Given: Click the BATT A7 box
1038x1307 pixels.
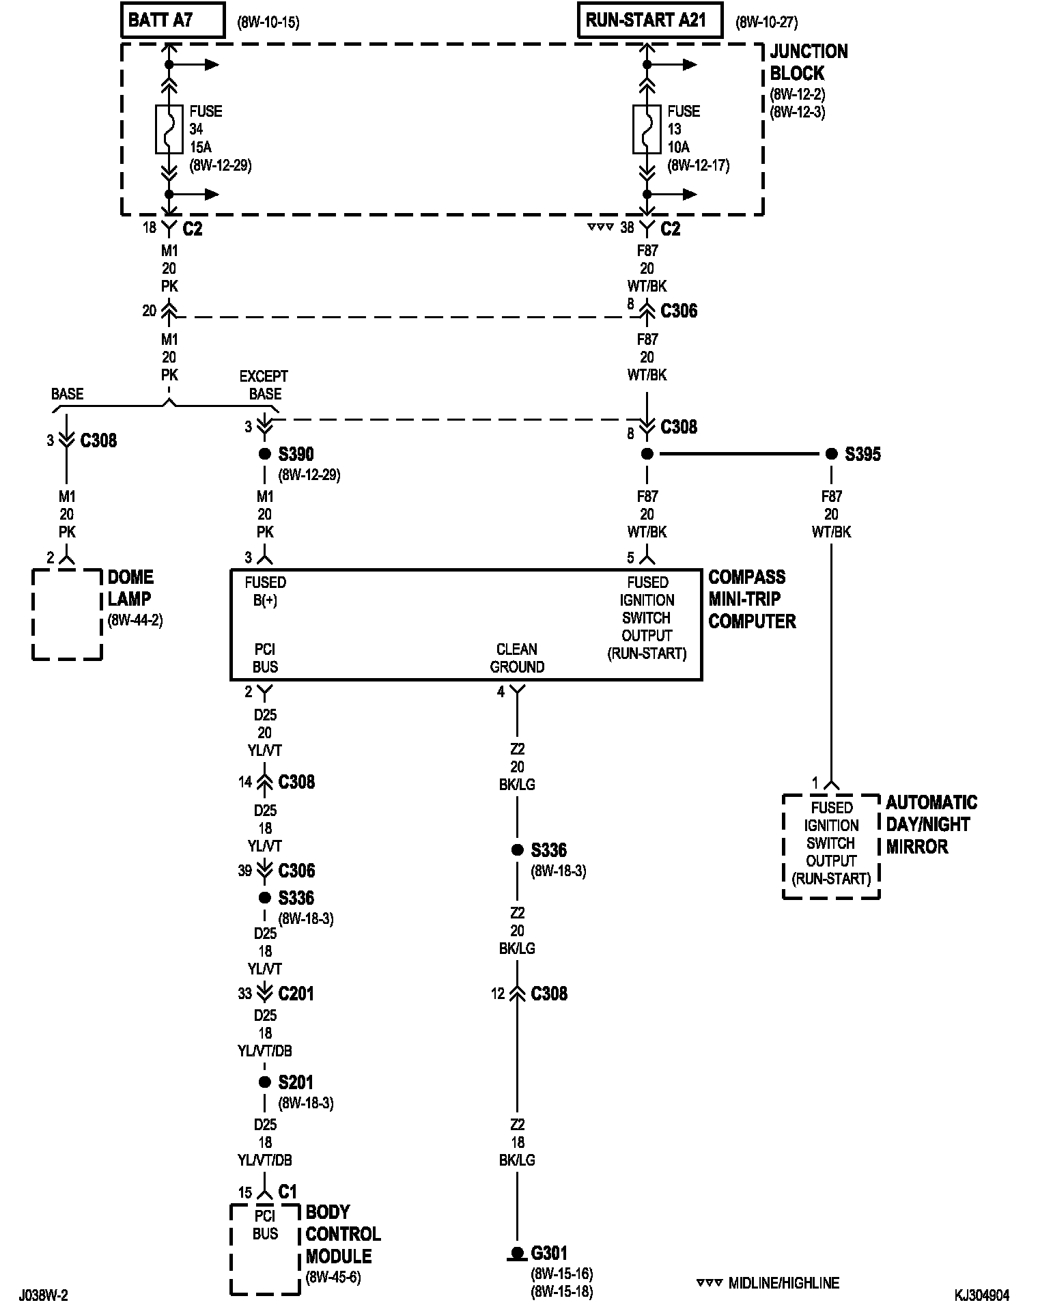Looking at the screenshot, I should click(173, 20).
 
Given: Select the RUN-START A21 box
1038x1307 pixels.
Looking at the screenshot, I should click(649, 20).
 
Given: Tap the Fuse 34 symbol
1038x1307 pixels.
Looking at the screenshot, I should click(169, 129).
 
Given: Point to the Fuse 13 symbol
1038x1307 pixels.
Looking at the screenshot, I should click(647, 129).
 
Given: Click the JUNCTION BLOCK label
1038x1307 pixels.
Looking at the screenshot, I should click(809, 62).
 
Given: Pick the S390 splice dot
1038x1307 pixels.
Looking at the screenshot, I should click(265, 454).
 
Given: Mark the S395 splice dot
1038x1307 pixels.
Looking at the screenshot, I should click(831, 454).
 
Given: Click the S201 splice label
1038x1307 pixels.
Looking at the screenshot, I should click(296, 1082).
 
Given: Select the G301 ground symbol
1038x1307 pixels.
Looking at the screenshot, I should click(518, 1254).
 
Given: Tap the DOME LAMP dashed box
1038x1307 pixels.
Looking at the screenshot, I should click(67, 615).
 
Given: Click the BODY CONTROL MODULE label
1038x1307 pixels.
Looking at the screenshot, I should click(343, 1234).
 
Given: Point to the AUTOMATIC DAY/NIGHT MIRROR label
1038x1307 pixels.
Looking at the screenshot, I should click(931, 824).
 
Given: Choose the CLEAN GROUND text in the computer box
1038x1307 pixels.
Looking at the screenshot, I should click(517, 658).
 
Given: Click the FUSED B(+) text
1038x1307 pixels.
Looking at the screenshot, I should click(265, 591).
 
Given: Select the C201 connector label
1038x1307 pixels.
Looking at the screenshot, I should click(296, 994).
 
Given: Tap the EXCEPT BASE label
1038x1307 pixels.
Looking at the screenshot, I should click(264, 385).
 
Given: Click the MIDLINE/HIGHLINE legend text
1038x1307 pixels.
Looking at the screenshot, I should click(783, 1283).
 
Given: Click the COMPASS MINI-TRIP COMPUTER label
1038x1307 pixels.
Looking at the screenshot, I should click(751, 599).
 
